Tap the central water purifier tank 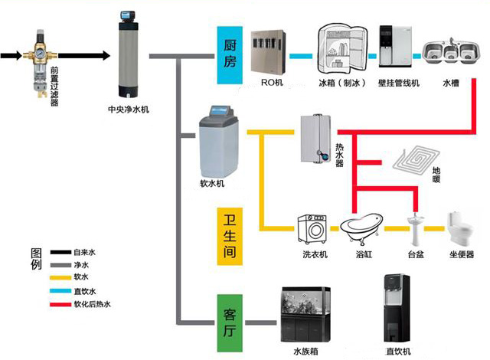pyautogui.click(x=128, y=58)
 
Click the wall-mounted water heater pyautogui.click(x=315, y=139)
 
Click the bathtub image pyautogui.click(x=360, y=227)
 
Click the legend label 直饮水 pyautogui.click(x=84, y=291)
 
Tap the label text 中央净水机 pyautogui.click(x=129, y=110)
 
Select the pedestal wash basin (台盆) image pyautogui.click(x=416, y=229)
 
